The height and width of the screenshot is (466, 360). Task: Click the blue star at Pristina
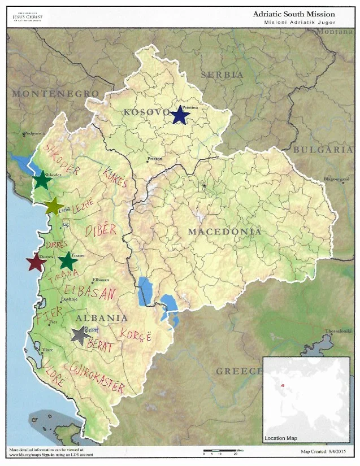(180, 115)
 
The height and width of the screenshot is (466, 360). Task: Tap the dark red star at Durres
(36, 262)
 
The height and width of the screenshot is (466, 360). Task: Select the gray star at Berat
(80, 335)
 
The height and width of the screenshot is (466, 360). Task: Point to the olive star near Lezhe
(54, 207)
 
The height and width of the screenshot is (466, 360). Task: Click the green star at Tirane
(68, 261)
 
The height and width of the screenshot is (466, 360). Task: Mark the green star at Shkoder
(41, 181)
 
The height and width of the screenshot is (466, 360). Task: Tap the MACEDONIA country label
(224, 232)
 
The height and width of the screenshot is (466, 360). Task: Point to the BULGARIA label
(323, 150)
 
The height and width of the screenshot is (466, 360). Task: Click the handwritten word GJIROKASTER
(97, 378)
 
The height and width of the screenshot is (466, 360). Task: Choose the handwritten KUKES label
(116, 176)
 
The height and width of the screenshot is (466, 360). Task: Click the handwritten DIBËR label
(101, 230)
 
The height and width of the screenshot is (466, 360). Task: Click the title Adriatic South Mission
(293, 14)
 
